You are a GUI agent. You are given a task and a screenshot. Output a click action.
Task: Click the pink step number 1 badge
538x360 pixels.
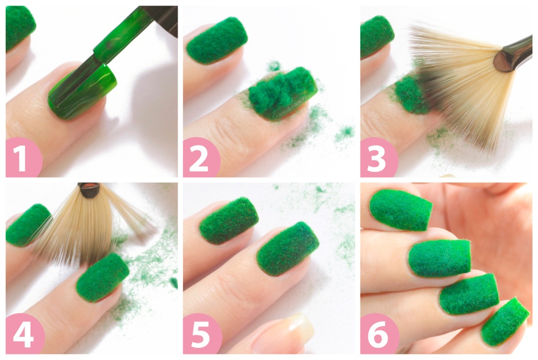coord(23,158)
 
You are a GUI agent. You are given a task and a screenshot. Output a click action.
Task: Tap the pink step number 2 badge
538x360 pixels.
coord(201,158)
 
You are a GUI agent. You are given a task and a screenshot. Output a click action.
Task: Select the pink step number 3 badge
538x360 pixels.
coord(378,158)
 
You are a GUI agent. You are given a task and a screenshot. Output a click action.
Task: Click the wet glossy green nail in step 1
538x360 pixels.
coord(82,92)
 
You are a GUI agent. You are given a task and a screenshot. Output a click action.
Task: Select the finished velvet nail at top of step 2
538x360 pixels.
coord(217,40)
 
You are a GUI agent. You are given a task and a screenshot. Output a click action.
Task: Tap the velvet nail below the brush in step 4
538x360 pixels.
coord(102,277)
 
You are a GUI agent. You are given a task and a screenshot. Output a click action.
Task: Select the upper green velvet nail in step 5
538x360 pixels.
coord(229,220)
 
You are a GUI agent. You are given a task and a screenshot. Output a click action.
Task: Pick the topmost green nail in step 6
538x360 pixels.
coord(400,210)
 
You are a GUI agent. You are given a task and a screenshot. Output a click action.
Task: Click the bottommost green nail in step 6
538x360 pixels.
coord(505,321)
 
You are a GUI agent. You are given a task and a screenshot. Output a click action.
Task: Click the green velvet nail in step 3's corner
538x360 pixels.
coord(377,36)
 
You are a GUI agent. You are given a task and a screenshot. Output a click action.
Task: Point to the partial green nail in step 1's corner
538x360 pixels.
coord(20,27)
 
